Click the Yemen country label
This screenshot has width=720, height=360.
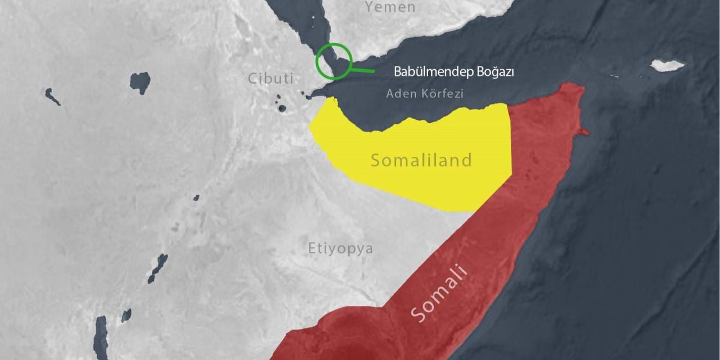pyautogui.click(x=390, y=7)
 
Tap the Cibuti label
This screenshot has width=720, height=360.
pyautogui.click(x=271, y=79)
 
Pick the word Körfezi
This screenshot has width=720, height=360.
pyautogui.click(x=442, y=94)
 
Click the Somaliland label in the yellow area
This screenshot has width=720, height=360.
pyautogui.click(x=421, y=160)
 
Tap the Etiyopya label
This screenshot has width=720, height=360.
pyautogui.click(x=340, y=248)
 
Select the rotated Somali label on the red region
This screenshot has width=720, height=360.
pyautogui.click(x=439, y=294)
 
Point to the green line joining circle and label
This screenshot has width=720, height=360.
pyautogui.click(x=362, y=70)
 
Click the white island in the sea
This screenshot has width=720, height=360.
pyautogui.click(x=667, y=65)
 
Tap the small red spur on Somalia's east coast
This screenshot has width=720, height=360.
pyautogui.click(x=584, y=132)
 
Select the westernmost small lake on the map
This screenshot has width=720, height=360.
pyautogui.click(x=52, y=96)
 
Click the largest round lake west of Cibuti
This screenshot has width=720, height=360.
pyautogui.click(x=140, y=82)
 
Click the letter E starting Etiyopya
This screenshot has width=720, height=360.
pyautogui.click(x=312, y=248)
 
